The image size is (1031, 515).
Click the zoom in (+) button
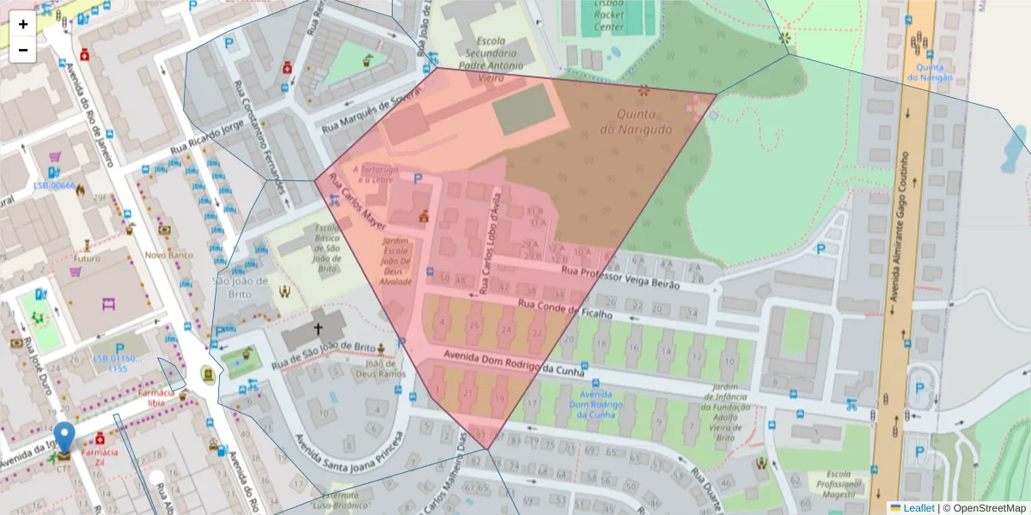23,24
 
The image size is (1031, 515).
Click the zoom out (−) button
23,50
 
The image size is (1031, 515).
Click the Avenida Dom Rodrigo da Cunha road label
514,363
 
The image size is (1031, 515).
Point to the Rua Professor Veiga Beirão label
619,276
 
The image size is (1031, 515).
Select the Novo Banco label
168,255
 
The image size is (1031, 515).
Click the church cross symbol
317,329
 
